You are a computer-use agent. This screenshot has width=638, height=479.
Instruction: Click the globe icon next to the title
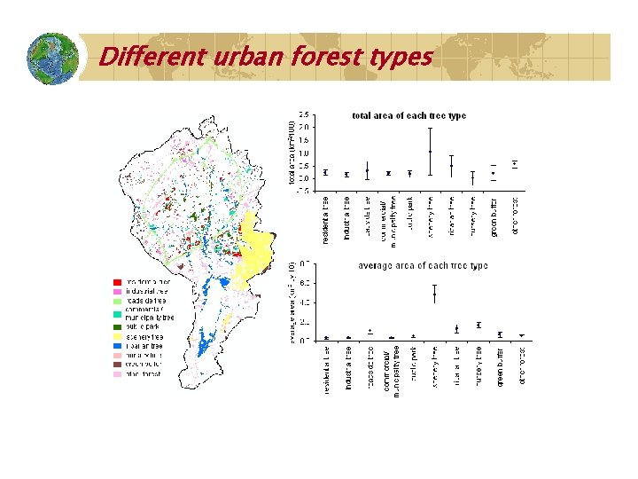pos(53,58)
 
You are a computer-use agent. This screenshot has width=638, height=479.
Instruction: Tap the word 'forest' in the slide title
pos(325,57)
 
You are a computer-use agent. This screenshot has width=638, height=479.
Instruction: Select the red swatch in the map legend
pos(117,281)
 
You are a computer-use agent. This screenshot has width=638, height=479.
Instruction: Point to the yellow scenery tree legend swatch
pos(117,337)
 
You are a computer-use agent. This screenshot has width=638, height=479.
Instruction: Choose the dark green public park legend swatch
pos(117,327)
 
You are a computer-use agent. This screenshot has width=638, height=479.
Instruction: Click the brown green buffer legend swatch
pos(117,365)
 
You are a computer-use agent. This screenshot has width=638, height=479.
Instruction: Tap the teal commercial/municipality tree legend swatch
pos(117,314)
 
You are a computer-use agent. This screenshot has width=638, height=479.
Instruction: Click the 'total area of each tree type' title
pos(408,115)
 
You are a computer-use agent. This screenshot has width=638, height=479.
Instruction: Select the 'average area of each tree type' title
pos(423,266)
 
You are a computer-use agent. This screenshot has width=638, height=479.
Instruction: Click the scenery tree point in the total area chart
pos(430,152)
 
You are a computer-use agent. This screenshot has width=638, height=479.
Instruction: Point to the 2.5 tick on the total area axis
pos(304,114)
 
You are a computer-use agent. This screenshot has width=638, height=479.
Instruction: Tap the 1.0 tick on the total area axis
pos(304,153)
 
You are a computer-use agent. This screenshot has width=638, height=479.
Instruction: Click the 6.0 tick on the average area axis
pos(304,283)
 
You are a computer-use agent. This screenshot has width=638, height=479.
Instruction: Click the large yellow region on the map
pos(258,247)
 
